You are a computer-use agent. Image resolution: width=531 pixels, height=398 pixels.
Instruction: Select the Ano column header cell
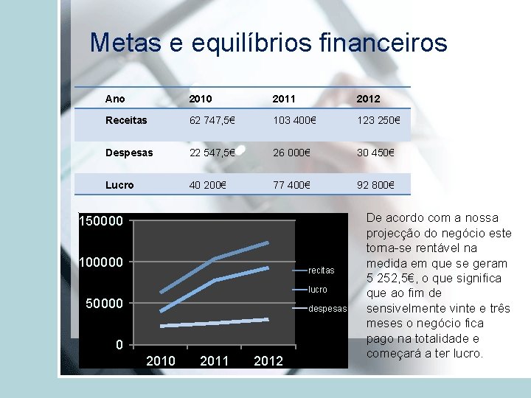click(115, 99)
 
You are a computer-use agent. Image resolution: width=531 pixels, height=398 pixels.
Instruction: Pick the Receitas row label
click(126, 120)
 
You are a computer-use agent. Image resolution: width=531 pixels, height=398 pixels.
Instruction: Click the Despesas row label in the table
click(129, 153)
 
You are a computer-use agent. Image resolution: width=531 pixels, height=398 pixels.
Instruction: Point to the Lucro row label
click(119, 185)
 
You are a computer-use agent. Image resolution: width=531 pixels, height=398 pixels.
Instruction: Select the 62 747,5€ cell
click(212, 120)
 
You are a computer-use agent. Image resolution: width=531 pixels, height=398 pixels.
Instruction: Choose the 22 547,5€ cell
click(212, 153)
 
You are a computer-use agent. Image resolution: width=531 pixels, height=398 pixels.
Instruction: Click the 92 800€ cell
click(375, 185)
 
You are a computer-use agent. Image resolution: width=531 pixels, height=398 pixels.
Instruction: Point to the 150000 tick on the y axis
click(102, 220)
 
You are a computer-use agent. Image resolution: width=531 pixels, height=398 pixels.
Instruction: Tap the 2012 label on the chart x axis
click(268, 360)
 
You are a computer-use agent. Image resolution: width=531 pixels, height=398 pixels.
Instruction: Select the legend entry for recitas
click(322, 270)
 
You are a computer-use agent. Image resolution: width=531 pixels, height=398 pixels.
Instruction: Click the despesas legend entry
click(327, 309)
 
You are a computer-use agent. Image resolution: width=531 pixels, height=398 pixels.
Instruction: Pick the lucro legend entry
click(318, 290)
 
